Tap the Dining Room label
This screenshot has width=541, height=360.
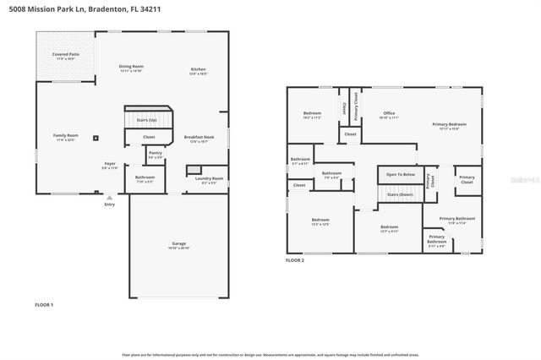pyautogui.click(x=131, y=68)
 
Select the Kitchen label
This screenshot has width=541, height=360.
pyautogui.click(x=198, y=70)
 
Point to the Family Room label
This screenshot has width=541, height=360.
pyautogui.click(x=65, y=137)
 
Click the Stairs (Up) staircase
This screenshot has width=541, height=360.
pyautogui.click(x=147, y=119)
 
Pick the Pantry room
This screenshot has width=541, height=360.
pyautogui.click(x=156, y=155)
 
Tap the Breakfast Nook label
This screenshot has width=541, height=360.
pyautogui.click(x=199, y=139)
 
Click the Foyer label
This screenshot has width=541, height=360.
pyautogui.click(x=110, y=165)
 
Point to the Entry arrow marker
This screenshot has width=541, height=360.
pyautogui.click(x=109, y=198)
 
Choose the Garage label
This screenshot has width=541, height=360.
pyautogui.click(x=178, y=245)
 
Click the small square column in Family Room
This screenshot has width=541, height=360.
pyautogui.click(x=96, y=138)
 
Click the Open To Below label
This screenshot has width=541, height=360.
pyautogui.click(x=401, y=175)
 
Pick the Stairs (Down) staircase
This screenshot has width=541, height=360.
pyautogui.click(x=399, y=194)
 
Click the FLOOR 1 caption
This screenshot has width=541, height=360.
pyautogui.click(x=44, y=304)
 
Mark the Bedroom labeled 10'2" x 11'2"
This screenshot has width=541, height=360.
pyautogui.click(x=312, y=115)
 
